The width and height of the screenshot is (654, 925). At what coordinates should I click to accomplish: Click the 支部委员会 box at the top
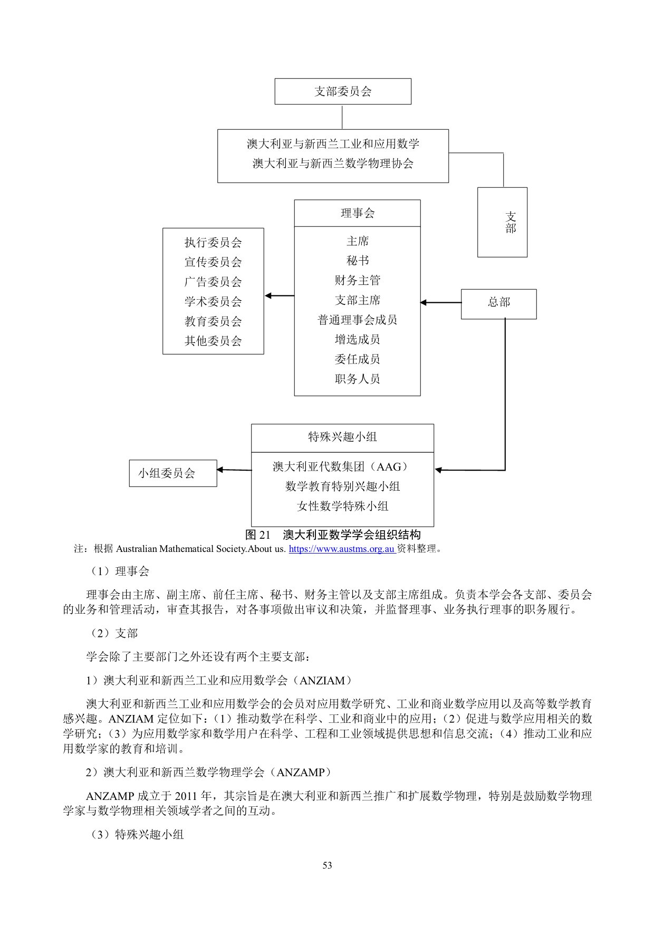[343, 91]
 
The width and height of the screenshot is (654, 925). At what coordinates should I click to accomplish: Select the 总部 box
[498, 303]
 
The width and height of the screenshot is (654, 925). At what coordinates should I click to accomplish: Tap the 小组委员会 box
[173, 473]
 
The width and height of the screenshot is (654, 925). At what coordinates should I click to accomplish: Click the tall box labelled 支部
[502, 222]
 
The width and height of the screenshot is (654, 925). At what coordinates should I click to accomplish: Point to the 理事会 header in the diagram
[357, 213]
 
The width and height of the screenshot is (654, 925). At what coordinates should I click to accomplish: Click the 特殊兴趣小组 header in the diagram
[342, 437]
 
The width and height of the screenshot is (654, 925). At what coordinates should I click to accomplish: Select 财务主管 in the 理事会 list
[357, 280]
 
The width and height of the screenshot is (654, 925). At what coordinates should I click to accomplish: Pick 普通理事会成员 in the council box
[357, 320]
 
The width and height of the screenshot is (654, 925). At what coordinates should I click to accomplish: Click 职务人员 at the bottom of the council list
[357, 379]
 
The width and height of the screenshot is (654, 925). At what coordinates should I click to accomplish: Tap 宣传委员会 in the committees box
[213, 262]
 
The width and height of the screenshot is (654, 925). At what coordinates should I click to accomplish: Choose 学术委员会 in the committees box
[213, 302]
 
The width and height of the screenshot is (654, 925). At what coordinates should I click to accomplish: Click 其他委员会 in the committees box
[213, 341]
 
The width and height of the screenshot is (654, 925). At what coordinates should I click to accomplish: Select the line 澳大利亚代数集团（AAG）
[341, 467]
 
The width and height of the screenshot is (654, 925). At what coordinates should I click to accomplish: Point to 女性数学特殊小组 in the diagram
[342, 507]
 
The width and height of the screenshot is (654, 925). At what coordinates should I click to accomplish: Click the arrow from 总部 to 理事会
[440, 302]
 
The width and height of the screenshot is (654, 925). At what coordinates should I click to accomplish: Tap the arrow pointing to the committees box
[279, 296]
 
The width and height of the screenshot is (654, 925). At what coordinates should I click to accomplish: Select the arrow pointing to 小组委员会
[234, 470]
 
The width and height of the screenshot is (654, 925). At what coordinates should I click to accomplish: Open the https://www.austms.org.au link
[342, 549]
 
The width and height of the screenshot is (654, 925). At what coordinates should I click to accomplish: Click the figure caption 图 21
[333, 535]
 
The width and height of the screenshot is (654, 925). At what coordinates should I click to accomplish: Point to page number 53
[327, 865]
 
